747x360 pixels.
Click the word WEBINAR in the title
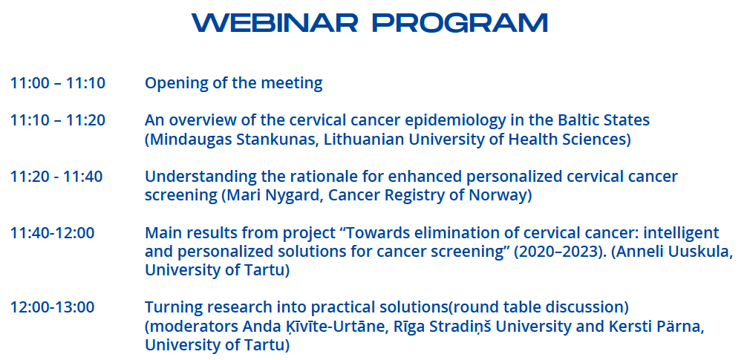(x=275, y=22)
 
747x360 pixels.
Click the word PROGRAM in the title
(x=460, y=22)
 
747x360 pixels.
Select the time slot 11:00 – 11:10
(x=58, y=83)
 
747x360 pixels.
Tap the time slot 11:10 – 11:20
(x=58, y=120)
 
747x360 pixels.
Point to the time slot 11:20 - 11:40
(x=56, y=177)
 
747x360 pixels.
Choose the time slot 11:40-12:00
(x=53, y=233)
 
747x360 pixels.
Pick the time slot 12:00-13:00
(x=53, y=307)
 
